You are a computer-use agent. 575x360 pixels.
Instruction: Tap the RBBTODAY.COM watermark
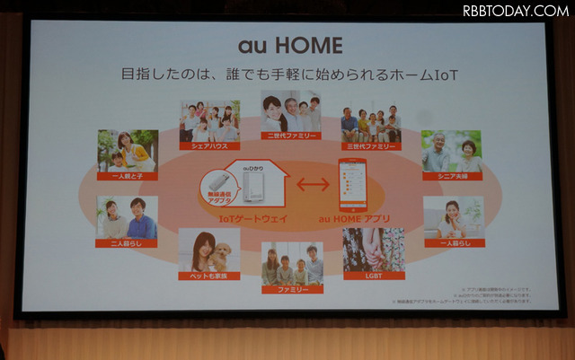[x=515, y=11]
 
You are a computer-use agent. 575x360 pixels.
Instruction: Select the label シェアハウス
[x=209, y=145]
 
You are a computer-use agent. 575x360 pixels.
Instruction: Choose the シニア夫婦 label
[x=451, y=177]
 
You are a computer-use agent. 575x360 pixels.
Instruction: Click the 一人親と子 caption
[x=128, y=176]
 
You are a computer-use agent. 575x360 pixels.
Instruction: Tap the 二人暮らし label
[x=128, y=242]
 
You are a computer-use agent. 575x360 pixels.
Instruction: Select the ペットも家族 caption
[x=208, y=277]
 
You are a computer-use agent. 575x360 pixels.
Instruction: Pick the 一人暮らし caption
[x=453, y=242]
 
